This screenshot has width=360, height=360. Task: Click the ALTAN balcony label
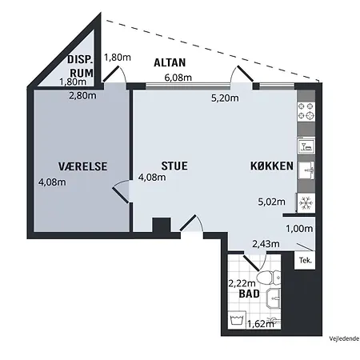pos(170,62)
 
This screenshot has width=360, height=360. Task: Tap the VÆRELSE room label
pos(82,166)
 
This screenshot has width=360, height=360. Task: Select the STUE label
pos(174,166)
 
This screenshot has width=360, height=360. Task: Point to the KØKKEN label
pos(272,166)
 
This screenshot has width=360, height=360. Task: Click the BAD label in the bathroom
pos(250,294)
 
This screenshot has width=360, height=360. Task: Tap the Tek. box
pos(306,260)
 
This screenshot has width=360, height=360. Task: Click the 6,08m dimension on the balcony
pos(178,78)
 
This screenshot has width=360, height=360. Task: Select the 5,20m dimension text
pos(225,98)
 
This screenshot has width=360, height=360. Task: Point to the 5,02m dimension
pos(271,202)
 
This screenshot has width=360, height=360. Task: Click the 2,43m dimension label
pos(266,244)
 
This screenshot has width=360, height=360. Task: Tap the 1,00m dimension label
pos(299,229)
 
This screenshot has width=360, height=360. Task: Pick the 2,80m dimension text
pos(82,95)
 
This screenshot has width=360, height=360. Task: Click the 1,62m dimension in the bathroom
pos(261,324)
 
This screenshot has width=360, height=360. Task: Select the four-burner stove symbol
pos(306,111)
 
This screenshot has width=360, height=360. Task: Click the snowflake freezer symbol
pos(306,203)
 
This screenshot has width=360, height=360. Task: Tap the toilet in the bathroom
pos(269,278)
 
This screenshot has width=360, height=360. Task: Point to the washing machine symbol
pos(237,320)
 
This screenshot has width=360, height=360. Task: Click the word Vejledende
pos(344,339)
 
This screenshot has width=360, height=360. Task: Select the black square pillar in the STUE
pos(162,225)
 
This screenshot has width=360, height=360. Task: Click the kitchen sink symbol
pos(306,170)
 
